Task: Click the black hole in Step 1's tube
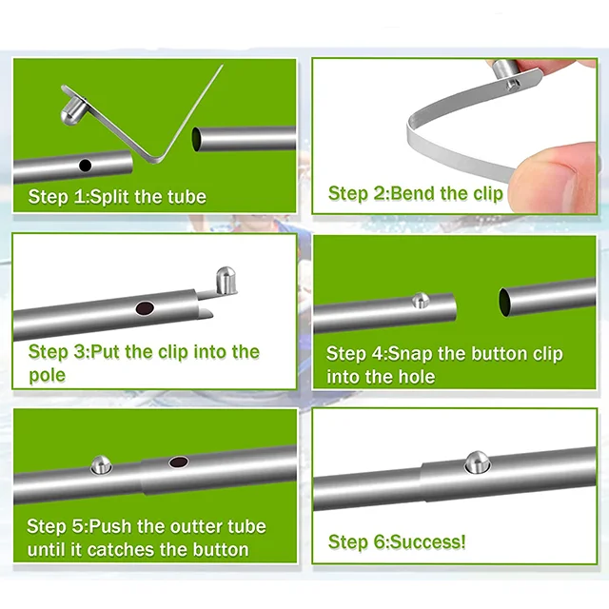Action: [x=85, y=166]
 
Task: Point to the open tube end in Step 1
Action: [x=197, y=140]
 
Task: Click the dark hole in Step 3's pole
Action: [x=145, y=308]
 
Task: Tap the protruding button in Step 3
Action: [x=226, y=280]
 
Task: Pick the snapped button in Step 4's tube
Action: [x=421, y=301]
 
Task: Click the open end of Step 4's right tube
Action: [x=505, y=303]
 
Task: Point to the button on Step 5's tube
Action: [x=101, y=465]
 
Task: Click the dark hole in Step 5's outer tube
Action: [x=179, y=462]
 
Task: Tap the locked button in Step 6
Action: [x=478, y=462]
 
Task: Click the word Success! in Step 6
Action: [x=427, y=541]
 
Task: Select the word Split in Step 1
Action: [x=110, y=197]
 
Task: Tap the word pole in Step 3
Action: [x=47, y=376]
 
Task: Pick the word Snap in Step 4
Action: [x=410, y=354]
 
